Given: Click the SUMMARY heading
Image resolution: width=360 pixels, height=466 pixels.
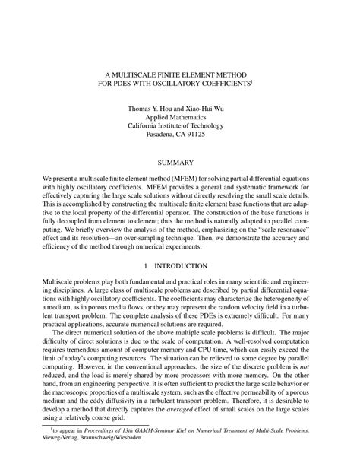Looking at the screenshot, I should tap(179, 163).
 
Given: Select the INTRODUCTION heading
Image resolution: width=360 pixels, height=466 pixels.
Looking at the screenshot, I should tap(186, 266).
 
